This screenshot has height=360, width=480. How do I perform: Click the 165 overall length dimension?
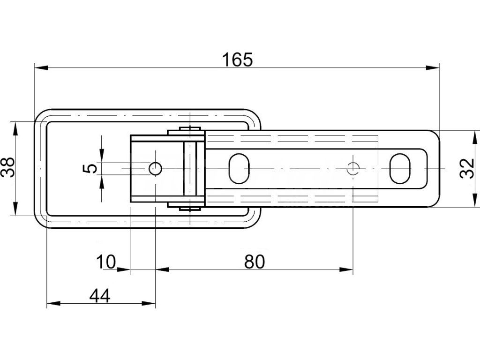237,60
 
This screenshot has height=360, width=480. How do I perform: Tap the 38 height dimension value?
8,167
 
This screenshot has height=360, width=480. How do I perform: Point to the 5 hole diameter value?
92,167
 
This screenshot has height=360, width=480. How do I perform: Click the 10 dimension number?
105,262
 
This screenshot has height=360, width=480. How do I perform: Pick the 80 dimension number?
255,262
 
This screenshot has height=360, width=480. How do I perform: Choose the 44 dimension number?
99,296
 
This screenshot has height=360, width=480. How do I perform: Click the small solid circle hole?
155,168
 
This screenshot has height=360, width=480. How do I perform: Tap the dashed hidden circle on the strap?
353,168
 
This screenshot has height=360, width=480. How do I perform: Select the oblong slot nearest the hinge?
239,168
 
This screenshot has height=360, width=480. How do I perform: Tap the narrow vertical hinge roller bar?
190,168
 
